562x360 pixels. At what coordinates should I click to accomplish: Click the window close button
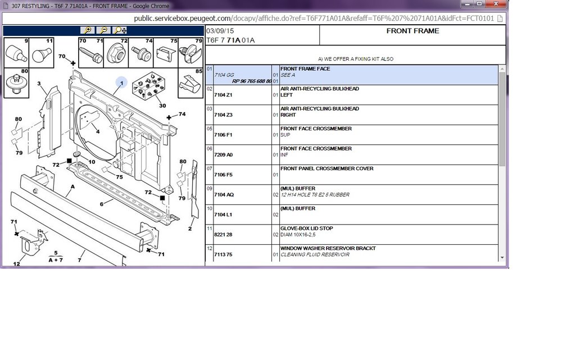(x=496, y=3)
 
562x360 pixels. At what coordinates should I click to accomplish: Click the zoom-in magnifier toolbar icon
(x=88, y=30)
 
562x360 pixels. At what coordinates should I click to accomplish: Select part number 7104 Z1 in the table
(x=223, y=95)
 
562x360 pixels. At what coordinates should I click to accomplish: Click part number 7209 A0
(x=223, y=155)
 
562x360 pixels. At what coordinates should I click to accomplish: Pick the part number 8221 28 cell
(x=223, y=235)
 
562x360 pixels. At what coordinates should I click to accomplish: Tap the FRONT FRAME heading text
(x=413, y=31)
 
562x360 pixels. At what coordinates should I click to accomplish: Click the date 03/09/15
(x=220, y=31)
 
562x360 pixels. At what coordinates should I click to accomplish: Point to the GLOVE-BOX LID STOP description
(x=306, y=228)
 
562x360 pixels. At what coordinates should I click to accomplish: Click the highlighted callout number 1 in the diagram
(x=121, y=83)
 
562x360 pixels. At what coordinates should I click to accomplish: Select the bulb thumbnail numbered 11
(x=41, y=53)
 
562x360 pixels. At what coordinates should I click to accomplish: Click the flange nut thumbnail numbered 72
(x=116, y=53)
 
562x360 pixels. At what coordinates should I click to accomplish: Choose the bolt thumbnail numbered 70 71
(x=91, y=53)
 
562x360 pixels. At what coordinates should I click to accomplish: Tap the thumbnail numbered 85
(x=191, y=83)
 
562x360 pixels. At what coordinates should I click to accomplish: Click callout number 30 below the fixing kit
(x=162, y=106)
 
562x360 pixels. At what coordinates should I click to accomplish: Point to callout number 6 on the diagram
(x=101, y=204)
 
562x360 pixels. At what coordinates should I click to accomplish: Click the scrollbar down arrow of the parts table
(x=502, y=258)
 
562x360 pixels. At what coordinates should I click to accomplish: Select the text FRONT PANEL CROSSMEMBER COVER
(x=327, y=168)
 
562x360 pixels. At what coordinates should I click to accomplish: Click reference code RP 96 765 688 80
(x=252, y=81)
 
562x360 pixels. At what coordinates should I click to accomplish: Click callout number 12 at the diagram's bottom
(x=16, y=264)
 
